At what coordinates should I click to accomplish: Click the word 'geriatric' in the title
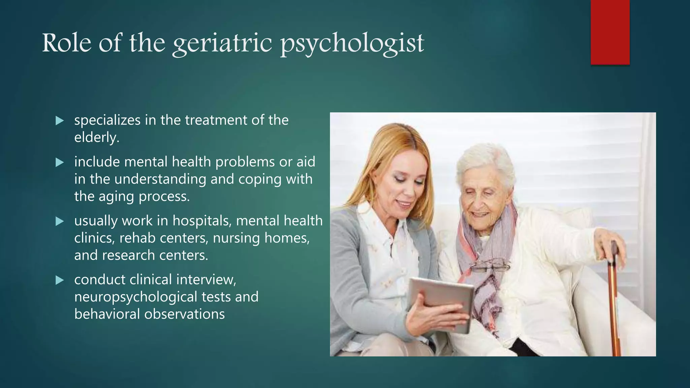(222, 44)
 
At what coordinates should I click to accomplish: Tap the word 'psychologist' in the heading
(352, 44)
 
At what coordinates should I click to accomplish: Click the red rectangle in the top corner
(610, 32)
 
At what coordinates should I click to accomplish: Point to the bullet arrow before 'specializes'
(60, 121)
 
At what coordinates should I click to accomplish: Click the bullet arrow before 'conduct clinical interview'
(60, 280)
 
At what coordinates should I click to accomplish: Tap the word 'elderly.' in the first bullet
(97, 137)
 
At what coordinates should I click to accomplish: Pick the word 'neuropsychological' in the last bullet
(135, 297)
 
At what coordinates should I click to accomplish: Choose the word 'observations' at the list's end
(184, 314)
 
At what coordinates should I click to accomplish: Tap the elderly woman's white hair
(485, 162)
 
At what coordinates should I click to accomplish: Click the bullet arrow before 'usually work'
(60, 221)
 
